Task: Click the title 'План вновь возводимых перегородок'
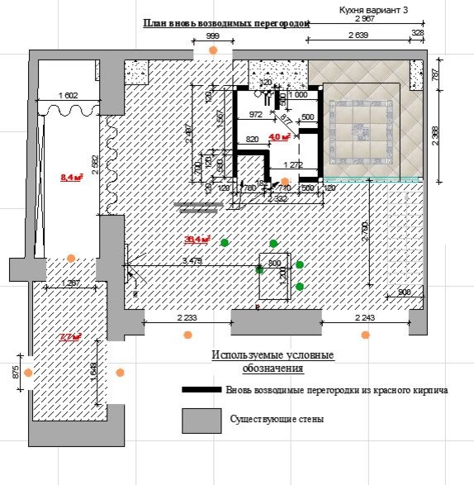[x=225, y=24]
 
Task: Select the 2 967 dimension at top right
[x=365, y=18]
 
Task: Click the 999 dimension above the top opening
[x=212, y=37]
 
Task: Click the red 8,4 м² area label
[x=71, y=177]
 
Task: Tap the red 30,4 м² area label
[x=197, y=240]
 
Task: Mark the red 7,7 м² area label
[x=69, y=336]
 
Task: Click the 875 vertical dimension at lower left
[x=15, y=372]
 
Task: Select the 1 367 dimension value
[x=71, y=284]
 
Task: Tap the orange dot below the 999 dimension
[x=213, y=50]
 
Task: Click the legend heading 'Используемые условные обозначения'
[x=273, y=361]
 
